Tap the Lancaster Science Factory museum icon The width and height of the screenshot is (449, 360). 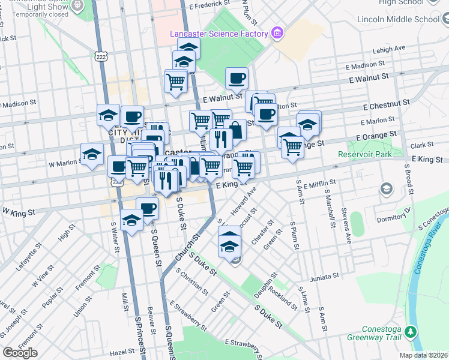coord(277,32)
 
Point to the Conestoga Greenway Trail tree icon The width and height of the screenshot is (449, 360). coord(411,332)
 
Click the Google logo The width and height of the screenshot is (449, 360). coord(20,352)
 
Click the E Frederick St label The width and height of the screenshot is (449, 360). coord(209,5)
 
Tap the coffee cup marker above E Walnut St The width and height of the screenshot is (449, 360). coord(237,78)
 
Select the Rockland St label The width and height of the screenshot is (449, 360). coord(283,296)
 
